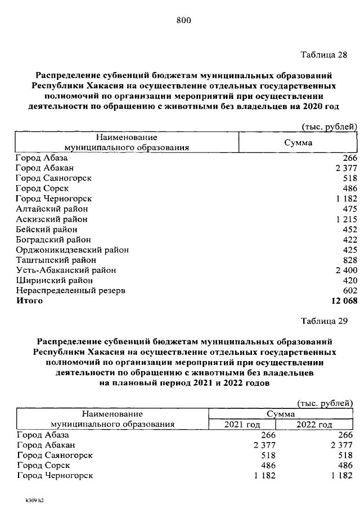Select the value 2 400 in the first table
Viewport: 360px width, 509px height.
[345, 270]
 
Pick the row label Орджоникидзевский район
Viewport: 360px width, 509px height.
[72, 250]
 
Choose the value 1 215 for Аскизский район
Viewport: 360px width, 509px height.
[345, 219]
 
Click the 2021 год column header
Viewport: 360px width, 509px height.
[242, 425]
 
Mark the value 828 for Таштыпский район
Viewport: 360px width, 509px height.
[349, 260]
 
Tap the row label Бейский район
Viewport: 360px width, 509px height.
[46, 229]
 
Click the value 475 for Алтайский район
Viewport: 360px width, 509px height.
[349, 209]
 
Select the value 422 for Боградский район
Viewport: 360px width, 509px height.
[349, 240]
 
